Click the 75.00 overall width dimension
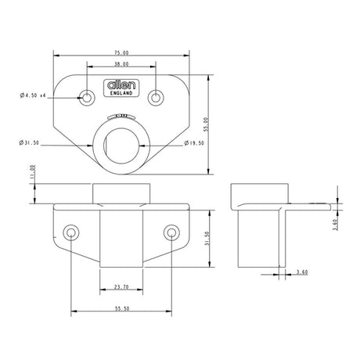click(x=121, y=52)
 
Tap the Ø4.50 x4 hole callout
click(x=33, y=95)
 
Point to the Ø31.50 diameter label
click(x=30, y=143)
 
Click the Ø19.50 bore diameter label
click(x=196, y=143)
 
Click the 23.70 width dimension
click(x=121, y=287)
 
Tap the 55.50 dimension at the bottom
click(x=121, y=308)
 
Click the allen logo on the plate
click(x=121, y=85)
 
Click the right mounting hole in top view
click(x=157, y=97)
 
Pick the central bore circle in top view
click(x=121, y=142)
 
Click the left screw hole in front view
click(x=72, y=232)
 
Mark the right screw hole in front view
click(x=171, y=232)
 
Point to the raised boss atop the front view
click(x=121, y=193)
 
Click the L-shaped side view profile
click(x=262, y=227)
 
